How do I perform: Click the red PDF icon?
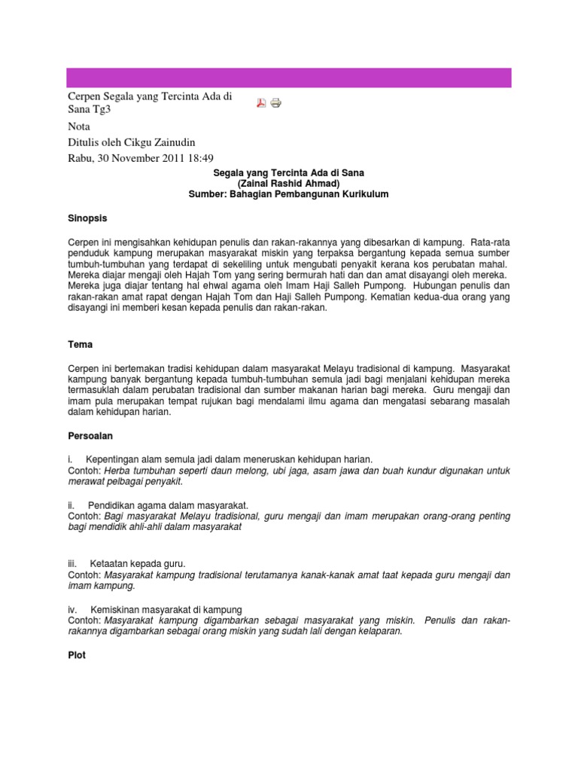[x=262, y=103]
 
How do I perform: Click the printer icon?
[x=275, y=103]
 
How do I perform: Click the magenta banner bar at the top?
[x=289, y=78]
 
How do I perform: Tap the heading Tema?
[x=80, y=344]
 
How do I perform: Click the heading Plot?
[x=77, y=656]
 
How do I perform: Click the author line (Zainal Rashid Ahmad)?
[x=289, y=184]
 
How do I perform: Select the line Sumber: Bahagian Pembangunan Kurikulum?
[x=289, y=194]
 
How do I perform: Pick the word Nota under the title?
[x=79, y=126]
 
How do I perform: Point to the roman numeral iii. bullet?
[x=73, y=563]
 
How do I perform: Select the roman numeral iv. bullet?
[x=73, y=609]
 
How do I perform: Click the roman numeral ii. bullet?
[x=71, y=504]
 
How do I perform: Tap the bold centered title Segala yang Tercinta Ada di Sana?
[x=289, y=173]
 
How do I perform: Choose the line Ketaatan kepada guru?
[x=137, y=563]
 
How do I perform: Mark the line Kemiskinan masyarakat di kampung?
[x=166, y=609]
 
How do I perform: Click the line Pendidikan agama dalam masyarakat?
[x=168, y=504]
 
